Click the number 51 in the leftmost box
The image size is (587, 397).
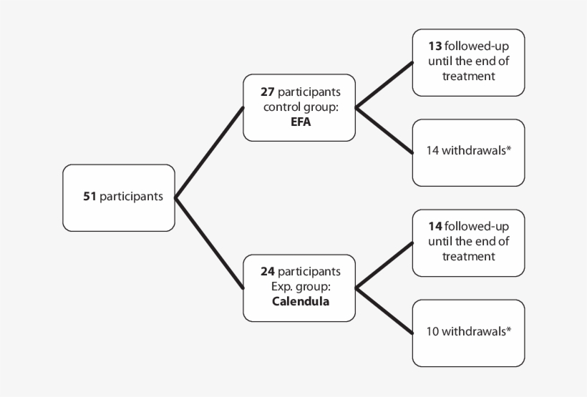[89, 197]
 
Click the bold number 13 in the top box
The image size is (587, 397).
[435, 46]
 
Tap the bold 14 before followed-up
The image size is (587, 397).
[435, 227]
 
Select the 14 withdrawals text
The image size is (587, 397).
[468, 151]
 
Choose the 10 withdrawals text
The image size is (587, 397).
[468, 331]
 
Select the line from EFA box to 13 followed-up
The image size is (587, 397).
[384, 85]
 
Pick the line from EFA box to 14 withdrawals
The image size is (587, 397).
[384, 131]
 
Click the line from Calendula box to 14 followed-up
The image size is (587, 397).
[384, 265]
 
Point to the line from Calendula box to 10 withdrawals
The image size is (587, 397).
[384, 311]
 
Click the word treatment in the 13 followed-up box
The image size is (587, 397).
[468, 76]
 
